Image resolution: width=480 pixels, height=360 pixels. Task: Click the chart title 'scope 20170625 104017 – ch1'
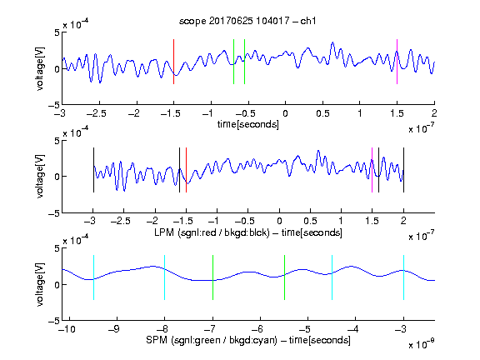pyautogui.click(x=247, y=21)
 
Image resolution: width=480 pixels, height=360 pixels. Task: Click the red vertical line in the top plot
pyautogui.click(x=173, y=62)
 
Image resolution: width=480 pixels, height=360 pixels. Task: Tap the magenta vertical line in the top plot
pyautogui.click(x=397, y=62)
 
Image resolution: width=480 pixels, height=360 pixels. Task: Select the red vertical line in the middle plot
pyautogui.click(x=186, y=170)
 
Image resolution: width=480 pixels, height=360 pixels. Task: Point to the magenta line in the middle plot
pyautogui.click(x=372, y=170)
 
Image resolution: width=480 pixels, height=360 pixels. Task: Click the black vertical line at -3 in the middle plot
pyautogui.click(x=93, y=170)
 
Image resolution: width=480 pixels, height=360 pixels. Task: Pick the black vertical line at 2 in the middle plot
pyautogui.click(x=404, y=170)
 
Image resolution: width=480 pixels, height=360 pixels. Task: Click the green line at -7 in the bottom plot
pyautogui.click(x=212, y=277)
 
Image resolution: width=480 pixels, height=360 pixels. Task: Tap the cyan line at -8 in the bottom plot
pyautogui.click(x=165, y=277)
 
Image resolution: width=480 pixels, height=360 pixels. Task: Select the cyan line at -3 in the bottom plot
pyautogui.click(x=404, y=277)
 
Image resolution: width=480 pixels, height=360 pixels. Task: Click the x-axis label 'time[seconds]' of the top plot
pyautogui.click(x=248, y=125)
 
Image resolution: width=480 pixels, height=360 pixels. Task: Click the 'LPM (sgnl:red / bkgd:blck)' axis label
pyautogui.click(x=212, y=232)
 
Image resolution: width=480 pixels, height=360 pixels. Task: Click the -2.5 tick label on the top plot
pyautogui.click(x=97, y=113)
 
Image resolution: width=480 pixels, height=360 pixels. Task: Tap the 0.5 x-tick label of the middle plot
pyautogui.click(x=310, y=221)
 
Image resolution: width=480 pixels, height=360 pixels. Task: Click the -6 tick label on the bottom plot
pyautogui.click(x=257, y=329)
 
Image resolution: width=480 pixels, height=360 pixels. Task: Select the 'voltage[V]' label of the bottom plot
pyautogui.click(x=40, y=284)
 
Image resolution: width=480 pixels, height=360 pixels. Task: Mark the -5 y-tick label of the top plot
pyautogui.click(x=54, y=105)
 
